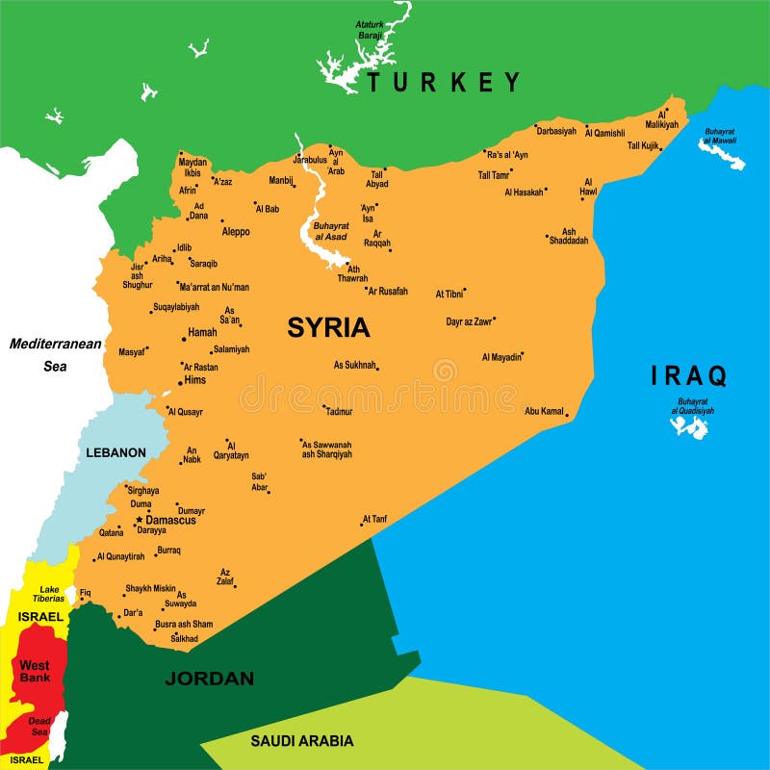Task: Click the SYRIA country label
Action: pos(328,327)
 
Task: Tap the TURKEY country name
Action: pos(444,82)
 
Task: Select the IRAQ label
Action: pos(689,375)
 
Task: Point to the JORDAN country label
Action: pos(210,679)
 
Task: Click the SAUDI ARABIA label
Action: pos(302,741)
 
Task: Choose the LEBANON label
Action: pos(115,452)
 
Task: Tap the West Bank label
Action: pos(35,672)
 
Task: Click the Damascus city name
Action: pos(170,520)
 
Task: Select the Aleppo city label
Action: pos(236,232)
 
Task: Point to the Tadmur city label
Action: pos(339,411)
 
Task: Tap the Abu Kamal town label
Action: pos(544,411)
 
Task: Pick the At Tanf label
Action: pos(374,520)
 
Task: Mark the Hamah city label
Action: pos(202,332)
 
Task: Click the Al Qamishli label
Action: pos(605,133)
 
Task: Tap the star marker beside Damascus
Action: pos(139,520)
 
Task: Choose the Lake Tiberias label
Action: pos(51,594)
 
